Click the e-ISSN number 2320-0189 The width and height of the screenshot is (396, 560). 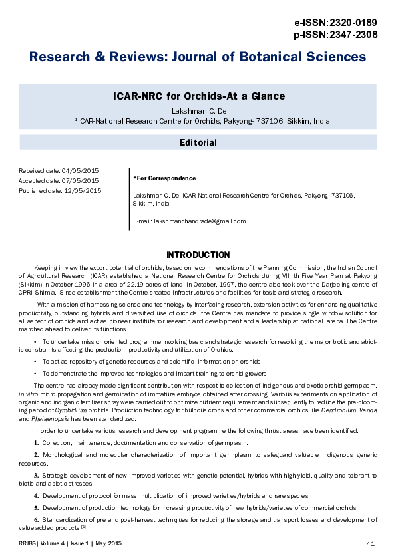click(x=361, y=22)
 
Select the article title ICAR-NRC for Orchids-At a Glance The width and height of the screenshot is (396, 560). click(x=198, y=96)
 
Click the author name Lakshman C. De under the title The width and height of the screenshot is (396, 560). click(x=198, y=110)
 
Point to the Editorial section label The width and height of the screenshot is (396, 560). click(x=198, y=142)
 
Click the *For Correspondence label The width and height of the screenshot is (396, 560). click(x=164, y=178)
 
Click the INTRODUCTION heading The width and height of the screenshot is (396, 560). click(x=198, y=255)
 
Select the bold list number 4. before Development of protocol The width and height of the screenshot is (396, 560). click(x=36, y=497)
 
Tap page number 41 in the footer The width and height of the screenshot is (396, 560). click(x=371, y=545)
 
